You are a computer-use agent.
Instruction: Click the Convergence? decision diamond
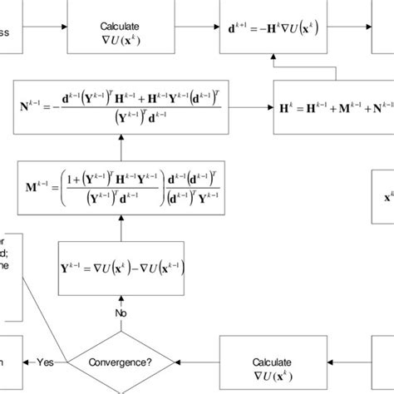121,362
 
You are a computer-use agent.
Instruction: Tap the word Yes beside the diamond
46,362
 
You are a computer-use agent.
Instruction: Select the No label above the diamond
121,313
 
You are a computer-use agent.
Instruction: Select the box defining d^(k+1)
282,32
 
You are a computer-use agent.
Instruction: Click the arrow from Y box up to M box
121,225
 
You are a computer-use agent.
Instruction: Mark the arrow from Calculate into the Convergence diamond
199,362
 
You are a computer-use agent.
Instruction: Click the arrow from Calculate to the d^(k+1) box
199,32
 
